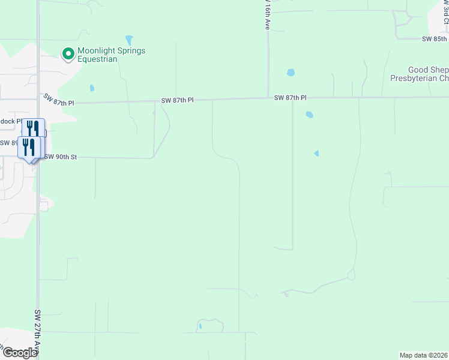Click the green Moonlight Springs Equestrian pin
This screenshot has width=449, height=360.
pos(68,55)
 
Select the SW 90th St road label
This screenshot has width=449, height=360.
pos(61,157)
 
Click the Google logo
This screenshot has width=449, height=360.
pos(19,353)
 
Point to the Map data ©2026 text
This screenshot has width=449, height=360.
pos(424,355)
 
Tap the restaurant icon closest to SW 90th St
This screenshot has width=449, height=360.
pos(29,147)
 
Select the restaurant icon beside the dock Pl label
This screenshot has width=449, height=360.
pos(34,128)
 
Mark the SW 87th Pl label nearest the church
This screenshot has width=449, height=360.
pos(291,98)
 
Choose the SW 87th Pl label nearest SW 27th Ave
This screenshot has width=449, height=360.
pos(58,100)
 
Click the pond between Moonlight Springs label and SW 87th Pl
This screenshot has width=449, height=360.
pos(92,88)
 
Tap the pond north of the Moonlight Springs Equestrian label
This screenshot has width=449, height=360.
pos(128,39)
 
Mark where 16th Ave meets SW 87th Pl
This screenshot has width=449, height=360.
pos(268,98)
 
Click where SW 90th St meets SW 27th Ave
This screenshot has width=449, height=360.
pos(38,158)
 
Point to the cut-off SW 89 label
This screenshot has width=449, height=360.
pos(8,143)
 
